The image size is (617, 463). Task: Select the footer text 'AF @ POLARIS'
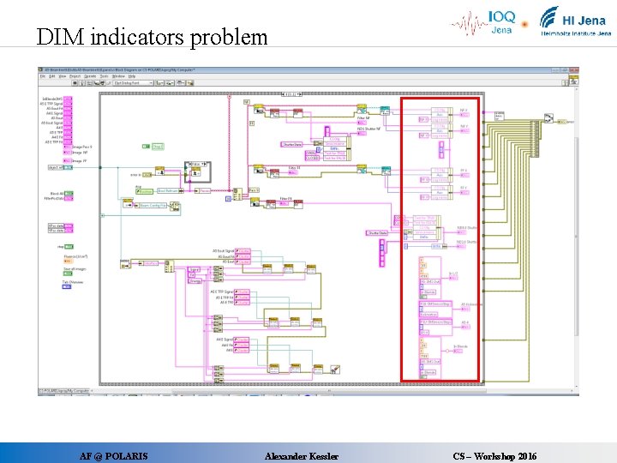[x=113, y=456]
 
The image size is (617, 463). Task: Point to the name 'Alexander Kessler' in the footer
[x=302, y=456]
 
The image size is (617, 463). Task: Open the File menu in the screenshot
[x=42, y=76]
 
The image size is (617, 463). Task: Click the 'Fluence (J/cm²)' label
[x=75, y=256]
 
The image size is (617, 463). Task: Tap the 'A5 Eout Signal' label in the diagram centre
[x=224, y=250]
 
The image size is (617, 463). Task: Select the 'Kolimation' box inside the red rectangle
[x=428, y=314]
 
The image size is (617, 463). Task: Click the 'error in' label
[x=136, y=175]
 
